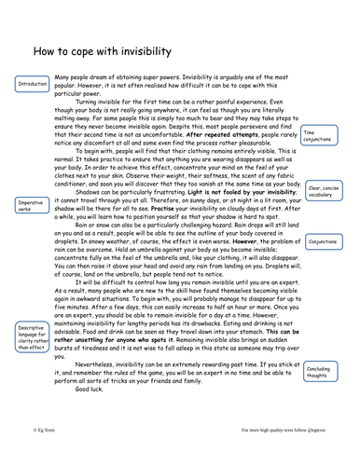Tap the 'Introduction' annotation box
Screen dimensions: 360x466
click(x=31, y=85)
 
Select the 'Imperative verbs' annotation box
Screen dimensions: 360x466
click(x=29, y=205)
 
